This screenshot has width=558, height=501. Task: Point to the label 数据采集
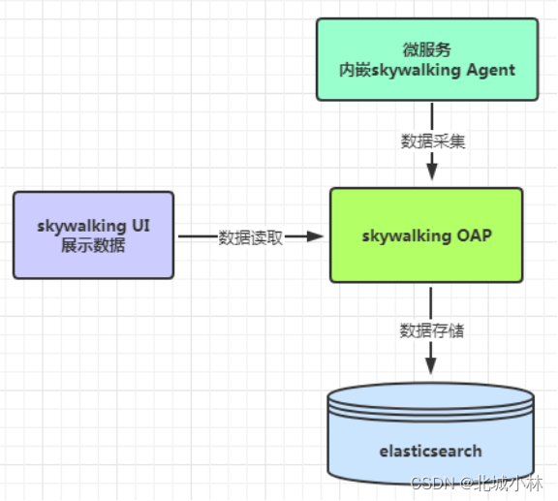click(x=432, y=141)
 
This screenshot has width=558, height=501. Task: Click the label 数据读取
click(x=250, y=237)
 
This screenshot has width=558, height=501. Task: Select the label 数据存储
click(x=432, y=330)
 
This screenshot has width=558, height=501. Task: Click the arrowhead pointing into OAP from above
click(x=432, y=172)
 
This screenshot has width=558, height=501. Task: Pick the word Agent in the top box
click(x=489, y=70)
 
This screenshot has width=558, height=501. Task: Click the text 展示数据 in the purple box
click(x=93, y=246)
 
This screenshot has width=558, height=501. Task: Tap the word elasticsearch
click(x=430, y=451)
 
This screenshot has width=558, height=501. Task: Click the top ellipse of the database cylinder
click(x=430, y=398)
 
